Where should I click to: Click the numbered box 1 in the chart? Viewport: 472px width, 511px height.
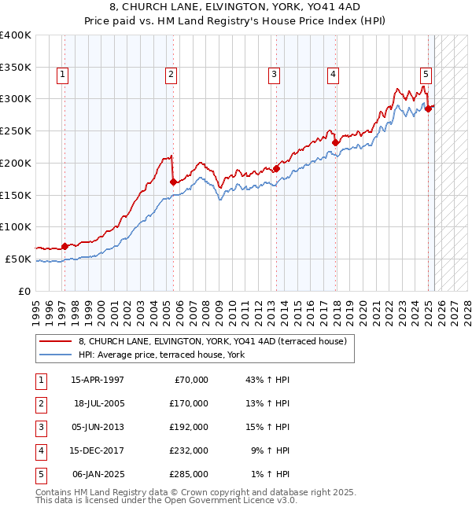[x=61, y=75]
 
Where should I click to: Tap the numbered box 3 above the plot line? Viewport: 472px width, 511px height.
[x=274, y=75]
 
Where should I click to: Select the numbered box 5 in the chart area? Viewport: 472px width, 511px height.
[x=426, y=75]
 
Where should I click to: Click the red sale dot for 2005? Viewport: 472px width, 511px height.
[x=173, y=182]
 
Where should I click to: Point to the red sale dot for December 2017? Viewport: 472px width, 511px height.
[x=334, y=142]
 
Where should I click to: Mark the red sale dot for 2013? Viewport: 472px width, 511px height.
[x=277, y=167]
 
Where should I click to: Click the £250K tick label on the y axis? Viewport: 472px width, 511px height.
[x=15, y=131]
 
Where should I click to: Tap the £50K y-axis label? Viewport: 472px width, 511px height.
[x=18, y=259]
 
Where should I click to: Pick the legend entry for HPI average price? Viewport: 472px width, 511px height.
[x=160, y=355]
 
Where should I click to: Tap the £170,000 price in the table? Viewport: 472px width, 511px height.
[x=190, y=403]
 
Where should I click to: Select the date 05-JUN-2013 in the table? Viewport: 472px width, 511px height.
[x=98, y=427]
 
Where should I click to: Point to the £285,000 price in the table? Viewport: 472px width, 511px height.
[x=190, y=474]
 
